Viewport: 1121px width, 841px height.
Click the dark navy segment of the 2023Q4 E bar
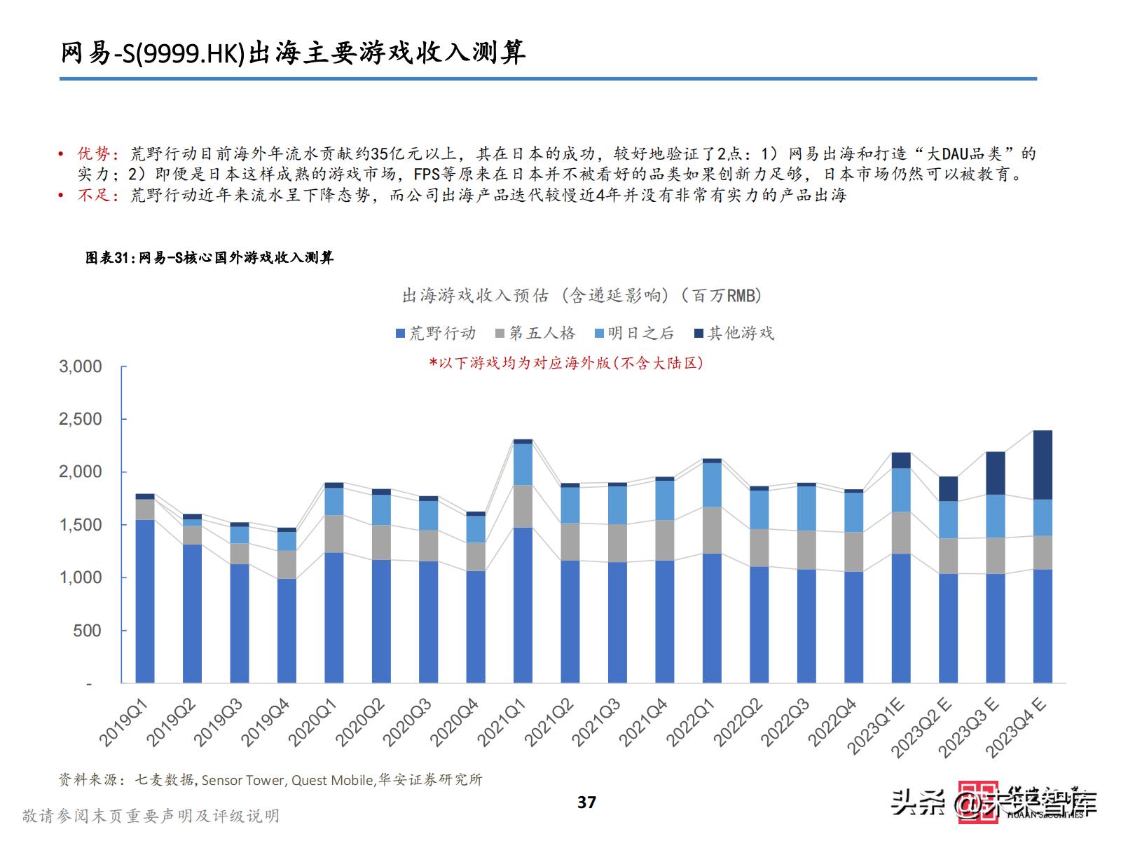click(1043, 465)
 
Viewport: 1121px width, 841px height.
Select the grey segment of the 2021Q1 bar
click(523, 506)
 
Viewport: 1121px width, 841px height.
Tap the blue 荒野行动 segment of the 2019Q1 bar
click(145, 601)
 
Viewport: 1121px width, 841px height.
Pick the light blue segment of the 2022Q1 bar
click(712, 484)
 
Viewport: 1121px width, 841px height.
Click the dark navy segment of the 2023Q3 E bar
click(996, 473)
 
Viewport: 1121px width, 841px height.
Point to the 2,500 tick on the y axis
click(81, 419)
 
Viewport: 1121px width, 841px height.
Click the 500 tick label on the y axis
click(88, 631)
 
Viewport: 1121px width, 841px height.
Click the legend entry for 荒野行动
click(436, 334)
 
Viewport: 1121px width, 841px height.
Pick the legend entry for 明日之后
click(634, 334)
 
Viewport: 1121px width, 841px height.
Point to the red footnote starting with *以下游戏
click(566, 362)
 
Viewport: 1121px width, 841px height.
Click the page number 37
click(586, 802)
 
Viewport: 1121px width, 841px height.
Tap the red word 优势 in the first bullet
click(93, 154)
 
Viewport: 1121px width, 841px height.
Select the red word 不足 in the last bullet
click(93, 196)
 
